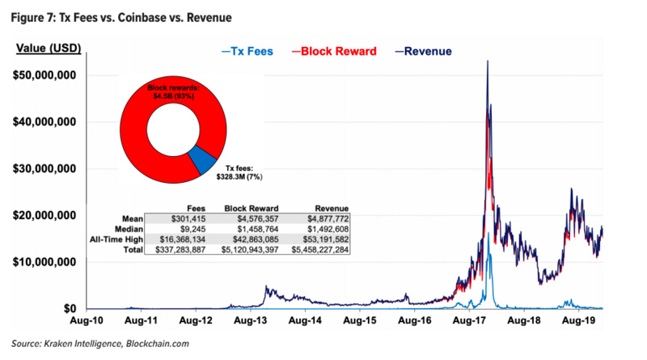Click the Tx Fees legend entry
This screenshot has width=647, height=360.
pos(247,51)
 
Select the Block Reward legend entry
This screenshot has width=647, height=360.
pos(334,51)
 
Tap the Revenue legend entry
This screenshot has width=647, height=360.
pos(423,51)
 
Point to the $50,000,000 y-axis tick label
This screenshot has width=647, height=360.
pos(44,75)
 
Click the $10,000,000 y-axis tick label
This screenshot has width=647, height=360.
pos(44,262)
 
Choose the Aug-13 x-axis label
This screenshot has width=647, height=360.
pos(250,320)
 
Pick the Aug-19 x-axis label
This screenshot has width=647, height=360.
pos(578,320)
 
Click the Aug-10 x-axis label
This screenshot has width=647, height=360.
pos(87,320)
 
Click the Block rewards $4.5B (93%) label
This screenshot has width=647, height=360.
pos(173,92)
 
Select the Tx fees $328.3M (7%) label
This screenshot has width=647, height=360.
pos(239,172)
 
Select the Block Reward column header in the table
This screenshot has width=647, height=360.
pos(252,209)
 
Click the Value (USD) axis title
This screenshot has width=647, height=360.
pos(49,49)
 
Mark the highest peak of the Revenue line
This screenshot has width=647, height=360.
pos(488,61)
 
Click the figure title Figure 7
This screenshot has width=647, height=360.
pos(121,18)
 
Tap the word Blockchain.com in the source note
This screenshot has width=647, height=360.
pos(157,344)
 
